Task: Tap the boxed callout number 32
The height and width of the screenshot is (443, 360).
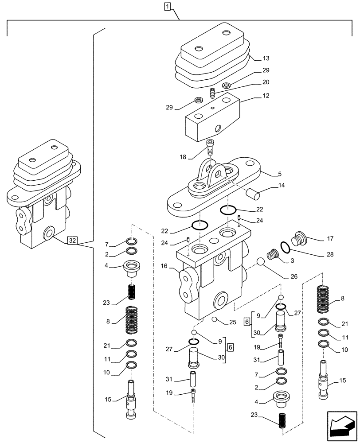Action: click(73, 241)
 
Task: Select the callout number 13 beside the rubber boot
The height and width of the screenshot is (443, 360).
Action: click(266, 58)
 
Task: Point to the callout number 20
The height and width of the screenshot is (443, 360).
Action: click(266, 82)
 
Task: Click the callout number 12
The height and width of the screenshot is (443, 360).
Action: click(266, 95)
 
